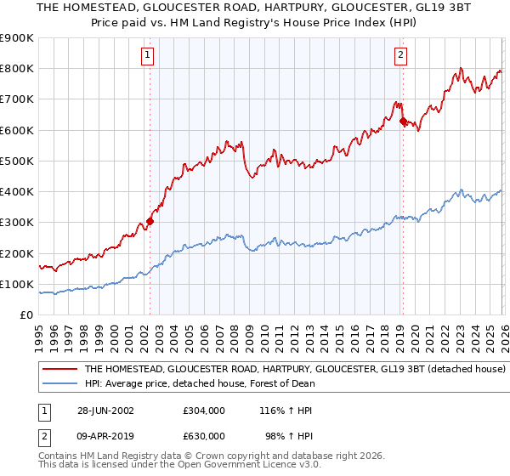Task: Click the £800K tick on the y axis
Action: pos(17,69)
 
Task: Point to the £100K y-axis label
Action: pos(17,284)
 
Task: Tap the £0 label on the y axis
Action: pos(26,314)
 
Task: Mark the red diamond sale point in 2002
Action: pos(150,221)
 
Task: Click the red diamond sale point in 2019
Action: pos(402,122)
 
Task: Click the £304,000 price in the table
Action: pos(204,410)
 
